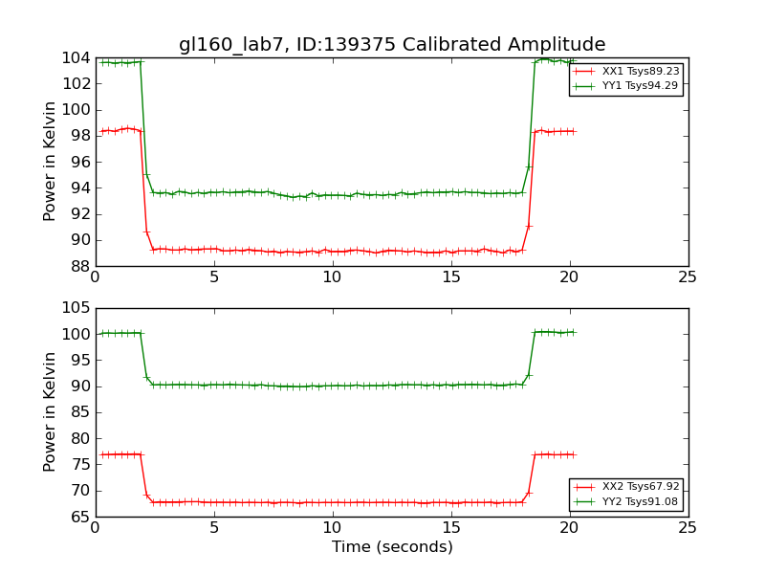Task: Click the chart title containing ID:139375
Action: tap(392, 45)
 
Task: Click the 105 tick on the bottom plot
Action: tap(75, 308)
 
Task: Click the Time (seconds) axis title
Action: tap(392, 547)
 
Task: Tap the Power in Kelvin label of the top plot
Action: tap(51, 162)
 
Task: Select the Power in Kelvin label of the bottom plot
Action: tap(51, 412)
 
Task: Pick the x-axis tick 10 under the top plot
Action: tap(332, 278)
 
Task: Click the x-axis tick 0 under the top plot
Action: tap(96, 278)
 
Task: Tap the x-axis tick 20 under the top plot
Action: tap(569, 278)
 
